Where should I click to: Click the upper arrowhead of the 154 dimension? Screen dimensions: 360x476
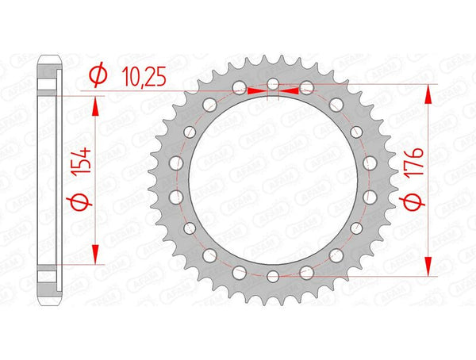[97, 106]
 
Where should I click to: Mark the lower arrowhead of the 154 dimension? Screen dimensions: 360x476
[97, 253]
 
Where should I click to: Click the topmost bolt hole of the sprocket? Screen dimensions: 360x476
[272, 82]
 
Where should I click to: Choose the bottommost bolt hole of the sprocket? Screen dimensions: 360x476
[272, 276]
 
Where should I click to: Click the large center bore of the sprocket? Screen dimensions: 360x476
[272, 179]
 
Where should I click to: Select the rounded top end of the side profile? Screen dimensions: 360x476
[49, 59]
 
